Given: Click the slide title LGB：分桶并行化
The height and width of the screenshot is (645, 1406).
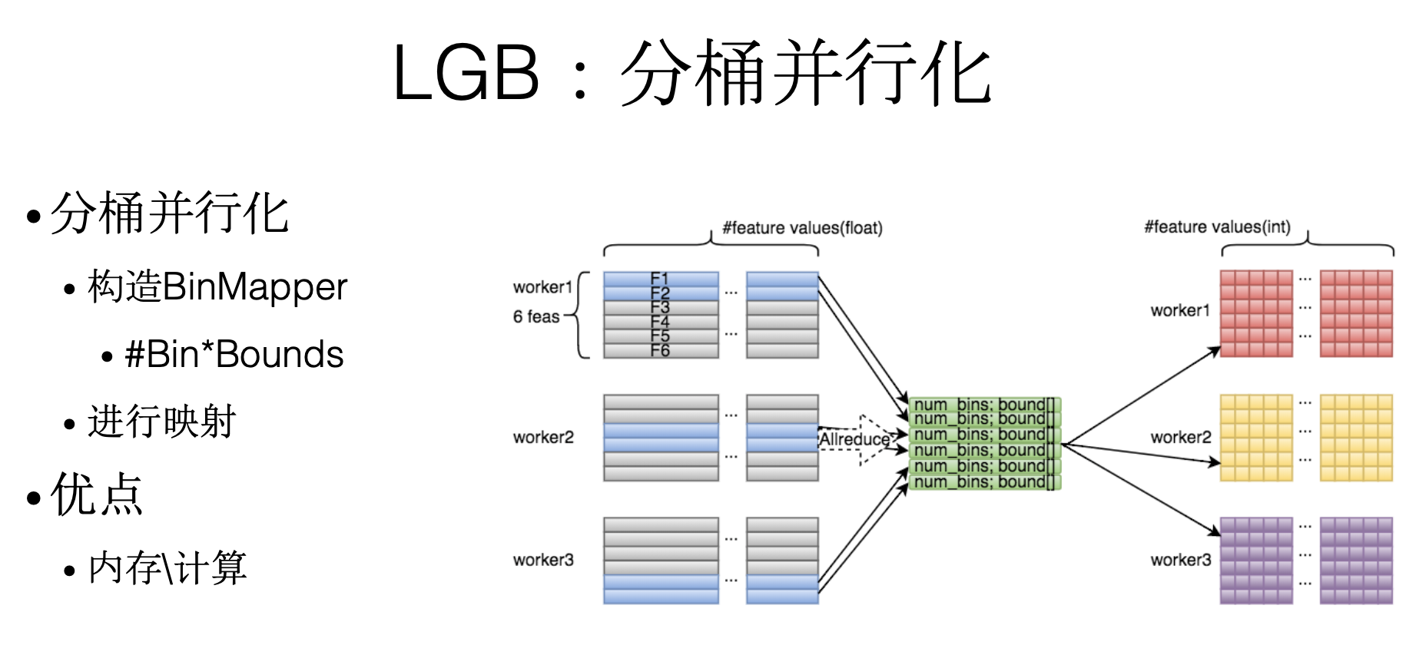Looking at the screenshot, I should click(691, 73).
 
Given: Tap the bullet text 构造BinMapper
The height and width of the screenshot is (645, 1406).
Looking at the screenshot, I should click(217, 286).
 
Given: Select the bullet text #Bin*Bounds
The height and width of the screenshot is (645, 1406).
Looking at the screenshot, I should click(234, 355).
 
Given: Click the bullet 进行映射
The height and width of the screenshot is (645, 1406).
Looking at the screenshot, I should click(161, 422).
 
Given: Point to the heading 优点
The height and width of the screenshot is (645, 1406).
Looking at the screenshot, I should click(96, 495).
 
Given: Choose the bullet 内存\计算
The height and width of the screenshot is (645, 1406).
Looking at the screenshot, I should click(167, 568).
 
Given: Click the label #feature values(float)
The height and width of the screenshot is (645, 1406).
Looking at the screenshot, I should click(802, 228).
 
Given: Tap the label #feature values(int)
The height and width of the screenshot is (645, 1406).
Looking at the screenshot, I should click(1217, 227).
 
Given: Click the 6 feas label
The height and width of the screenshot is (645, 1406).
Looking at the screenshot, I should click(536, 316).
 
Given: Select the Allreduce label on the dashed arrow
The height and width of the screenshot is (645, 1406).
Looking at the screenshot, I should click(854, 439).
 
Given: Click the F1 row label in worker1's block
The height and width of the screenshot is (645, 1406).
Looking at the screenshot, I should click(660, 278).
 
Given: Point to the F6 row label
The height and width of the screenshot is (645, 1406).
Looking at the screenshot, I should click(660, 351).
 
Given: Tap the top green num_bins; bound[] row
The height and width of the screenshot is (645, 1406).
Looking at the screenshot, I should click(984, 405).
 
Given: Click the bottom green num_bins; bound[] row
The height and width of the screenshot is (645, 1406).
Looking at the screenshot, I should click(984, 482).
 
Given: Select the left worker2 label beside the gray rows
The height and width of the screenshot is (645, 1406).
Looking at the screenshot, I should click(543, 437).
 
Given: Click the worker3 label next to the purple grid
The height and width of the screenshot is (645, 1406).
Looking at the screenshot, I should click(1180, 560).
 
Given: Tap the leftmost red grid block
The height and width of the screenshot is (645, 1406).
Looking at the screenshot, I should click(1256, 313).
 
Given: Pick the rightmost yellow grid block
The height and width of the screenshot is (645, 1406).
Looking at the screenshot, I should click(1356, 438).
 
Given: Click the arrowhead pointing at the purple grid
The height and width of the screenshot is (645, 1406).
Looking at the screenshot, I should click(1215, 531).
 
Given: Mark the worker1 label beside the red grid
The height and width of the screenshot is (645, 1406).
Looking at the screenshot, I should click(1180, 310).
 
